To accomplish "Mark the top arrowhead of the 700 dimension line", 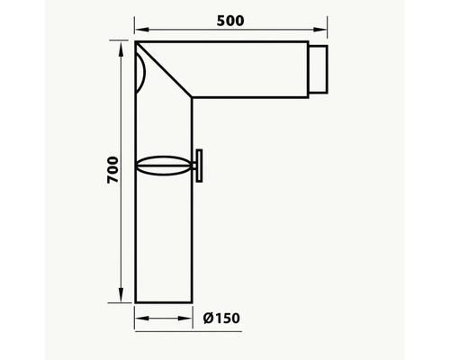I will (x=122, y=45).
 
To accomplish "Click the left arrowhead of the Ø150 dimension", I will (x=139, y=318).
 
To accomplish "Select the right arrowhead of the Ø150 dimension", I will (x=186, y=318).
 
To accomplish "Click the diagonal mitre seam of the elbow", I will (x=164, y=68).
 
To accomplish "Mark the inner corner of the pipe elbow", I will (x=191, y=95).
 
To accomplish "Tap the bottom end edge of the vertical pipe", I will (x=163, y=303).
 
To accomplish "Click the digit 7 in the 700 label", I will (x=111, y=180).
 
